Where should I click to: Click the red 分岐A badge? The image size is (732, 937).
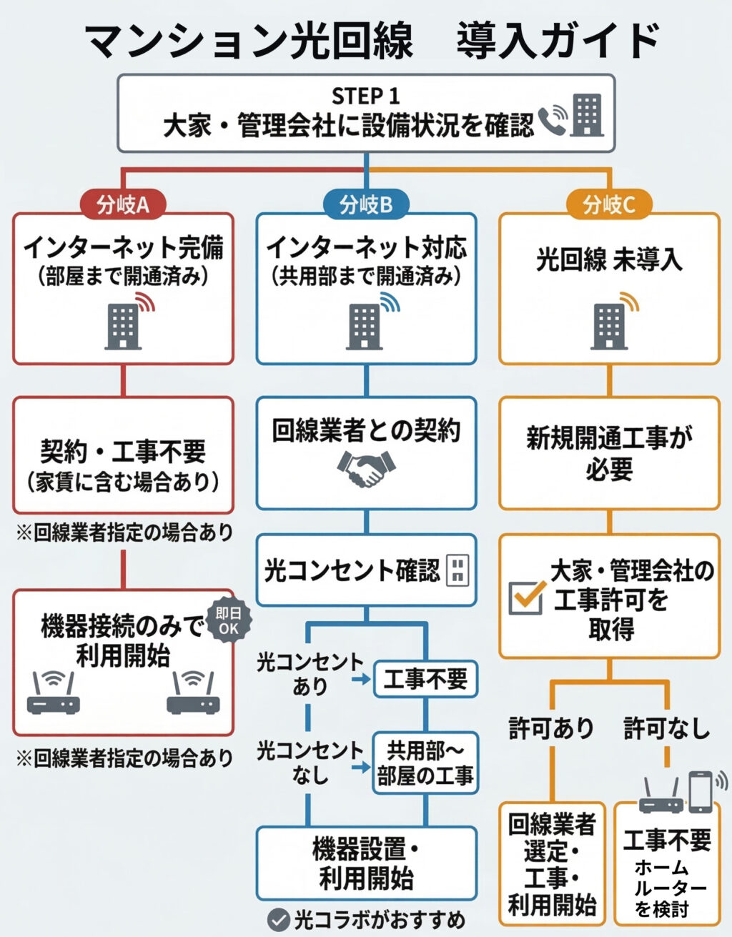[122, 204]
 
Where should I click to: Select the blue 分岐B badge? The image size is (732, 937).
[366, 204]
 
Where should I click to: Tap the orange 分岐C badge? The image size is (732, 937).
[609, 204]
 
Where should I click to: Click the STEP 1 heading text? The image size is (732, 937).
[365, 96]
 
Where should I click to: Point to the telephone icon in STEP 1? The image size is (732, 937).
[551, 120]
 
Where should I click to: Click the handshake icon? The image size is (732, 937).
[365, 469]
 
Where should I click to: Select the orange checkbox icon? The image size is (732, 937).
[526, 598]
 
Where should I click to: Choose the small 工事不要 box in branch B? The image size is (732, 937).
[425, 678]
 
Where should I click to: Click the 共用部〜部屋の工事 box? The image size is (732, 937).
[425, 763]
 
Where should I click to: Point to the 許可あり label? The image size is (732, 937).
[551, 728]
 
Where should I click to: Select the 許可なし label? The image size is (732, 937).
[666, 728]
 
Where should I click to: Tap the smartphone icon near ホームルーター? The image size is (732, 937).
[701, 791]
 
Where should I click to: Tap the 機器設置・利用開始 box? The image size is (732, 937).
[366, 863]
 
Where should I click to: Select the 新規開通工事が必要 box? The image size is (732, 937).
[609, 453]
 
